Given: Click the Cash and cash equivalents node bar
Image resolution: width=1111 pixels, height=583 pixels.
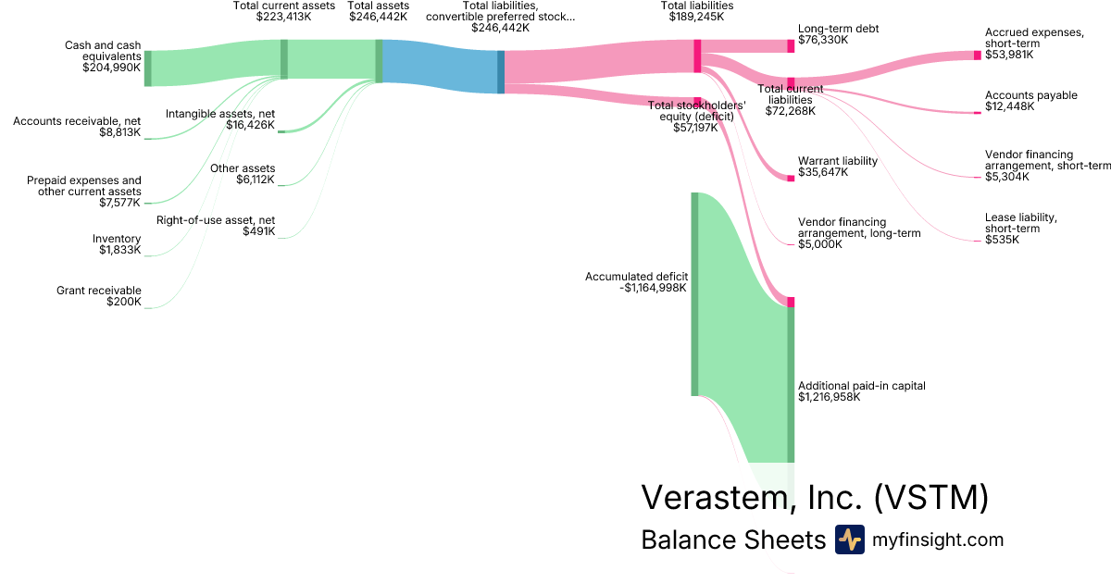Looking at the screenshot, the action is [148, 68].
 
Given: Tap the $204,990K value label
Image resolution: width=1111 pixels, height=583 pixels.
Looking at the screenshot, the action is [112, 68].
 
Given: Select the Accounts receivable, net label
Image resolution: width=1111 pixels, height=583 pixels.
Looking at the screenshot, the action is [77, 121].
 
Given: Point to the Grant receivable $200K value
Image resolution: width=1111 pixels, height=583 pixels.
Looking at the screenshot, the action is [123, 302].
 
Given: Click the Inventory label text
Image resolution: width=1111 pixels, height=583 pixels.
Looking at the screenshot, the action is [117, 239].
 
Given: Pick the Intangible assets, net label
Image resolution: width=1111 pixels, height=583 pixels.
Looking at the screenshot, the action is [220, 114].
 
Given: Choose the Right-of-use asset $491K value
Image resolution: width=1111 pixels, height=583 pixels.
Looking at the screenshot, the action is [258, 231].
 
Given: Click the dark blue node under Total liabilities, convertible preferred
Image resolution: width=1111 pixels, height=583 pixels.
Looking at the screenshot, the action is [501, 72].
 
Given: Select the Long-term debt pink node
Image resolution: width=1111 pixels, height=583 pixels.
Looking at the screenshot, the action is [791, 46].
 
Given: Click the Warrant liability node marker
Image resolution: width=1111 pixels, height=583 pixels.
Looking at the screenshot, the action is [791, 179].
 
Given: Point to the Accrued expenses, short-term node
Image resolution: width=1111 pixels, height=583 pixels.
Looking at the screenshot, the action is [978, 55].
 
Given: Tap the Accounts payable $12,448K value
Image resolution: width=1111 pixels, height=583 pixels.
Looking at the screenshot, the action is [1010, 106].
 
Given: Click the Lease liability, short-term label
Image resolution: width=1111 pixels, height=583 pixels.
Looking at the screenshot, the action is [1020, 223].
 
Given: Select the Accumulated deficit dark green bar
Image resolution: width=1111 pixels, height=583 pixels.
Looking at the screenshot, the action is [694, 294].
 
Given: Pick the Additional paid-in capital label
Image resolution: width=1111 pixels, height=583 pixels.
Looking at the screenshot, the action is [862, 386].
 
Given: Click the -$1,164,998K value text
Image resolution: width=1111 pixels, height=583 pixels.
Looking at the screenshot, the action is [653, 288].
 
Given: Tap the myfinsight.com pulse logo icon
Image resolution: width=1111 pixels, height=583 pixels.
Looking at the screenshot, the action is [850, 540].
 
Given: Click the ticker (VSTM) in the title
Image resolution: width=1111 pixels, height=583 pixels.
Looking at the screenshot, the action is [931, 497].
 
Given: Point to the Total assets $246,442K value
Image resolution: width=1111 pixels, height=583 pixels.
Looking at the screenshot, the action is [378, 17].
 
